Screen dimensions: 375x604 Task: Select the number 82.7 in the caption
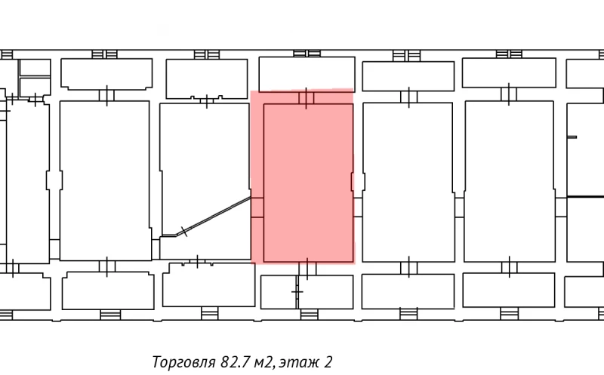coord(237,362)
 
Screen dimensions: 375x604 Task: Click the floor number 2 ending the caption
coord(329,362)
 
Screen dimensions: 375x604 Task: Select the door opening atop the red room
coord(307,97)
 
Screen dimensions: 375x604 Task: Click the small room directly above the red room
coord(307,73)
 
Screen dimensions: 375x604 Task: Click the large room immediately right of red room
coord(408,181)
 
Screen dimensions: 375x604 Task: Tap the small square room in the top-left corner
coord(34,67)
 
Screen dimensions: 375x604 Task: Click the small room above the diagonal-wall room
coord(207,78)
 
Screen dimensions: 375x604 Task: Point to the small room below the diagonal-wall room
coord(208,284)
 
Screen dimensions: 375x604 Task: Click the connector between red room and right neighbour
coord(358,182)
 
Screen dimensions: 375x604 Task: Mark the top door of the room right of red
coord(408,96)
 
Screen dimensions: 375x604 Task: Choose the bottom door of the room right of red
coord(408,268)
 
